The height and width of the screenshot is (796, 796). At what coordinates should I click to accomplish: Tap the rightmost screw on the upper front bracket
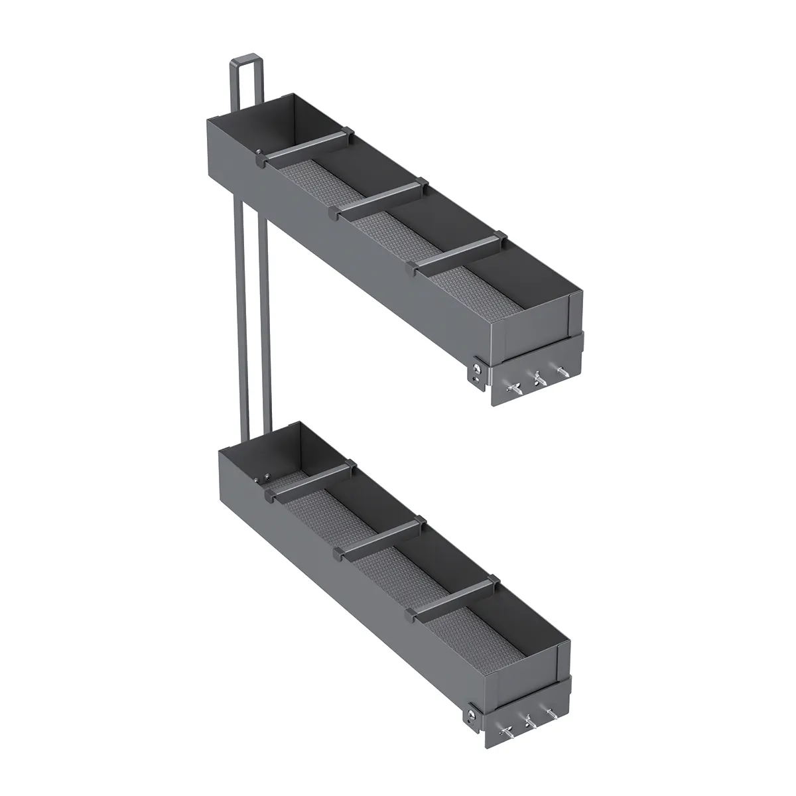(563, 373)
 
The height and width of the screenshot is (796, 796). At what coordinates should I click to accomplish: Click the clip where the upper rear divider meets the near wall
(259, 158)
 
